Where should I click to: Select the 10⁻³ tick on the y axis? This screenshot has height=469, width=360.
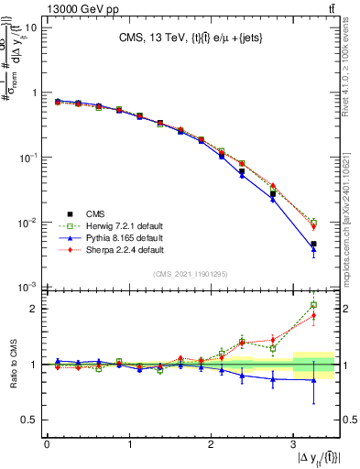pos(27,288)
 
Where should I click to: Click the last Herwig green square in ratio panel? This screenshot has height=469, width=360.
pos(313,305)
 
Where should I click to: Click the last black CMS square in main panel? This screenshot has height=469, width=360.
pos(313,245)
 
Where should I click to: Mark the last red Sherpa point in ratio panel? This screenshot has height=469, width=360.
pos(313,316)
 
